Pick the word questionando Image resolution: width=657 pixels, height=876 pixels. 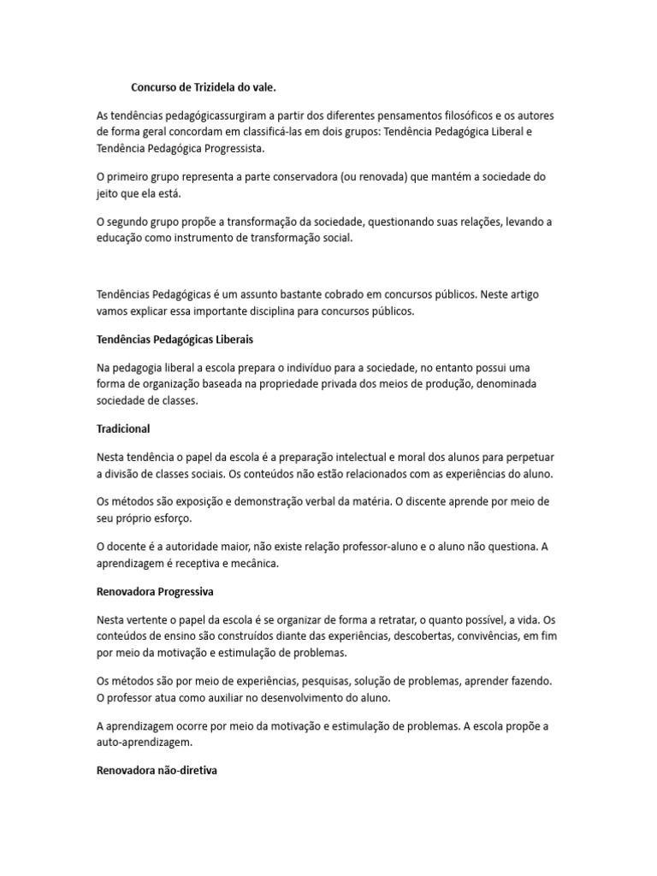tap(404, 222)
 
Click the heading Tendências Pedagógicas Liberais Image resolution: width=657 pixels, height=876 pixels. tap(175, 340)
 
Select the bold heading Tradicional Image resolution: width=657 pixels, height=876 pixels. tap(123, 429)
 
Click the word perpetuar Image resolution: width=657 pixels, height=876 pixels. tap(538, 458)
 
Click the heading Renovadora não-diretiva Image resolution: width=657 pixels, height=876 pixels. tap(157, 771)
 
